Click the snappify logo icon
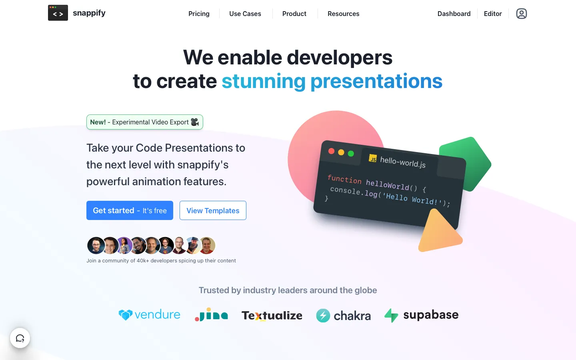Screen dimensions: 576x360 pos(58,13)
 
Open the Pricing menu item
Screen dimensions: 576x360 pos(199,14)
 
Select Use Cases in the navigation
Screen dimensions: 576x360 pos(245,14)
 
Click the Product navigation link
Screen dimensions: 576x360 pos(294,14)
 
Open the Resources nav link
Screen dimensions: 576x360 pos(343,14)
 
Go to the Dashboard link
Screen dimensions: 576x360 pos(454,14)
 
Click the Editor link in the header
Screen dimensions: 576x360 pos(493,14)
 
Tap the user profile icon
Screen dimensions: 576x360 pos(522,14)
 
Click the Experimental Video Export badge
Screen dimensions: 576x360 pos(144,122)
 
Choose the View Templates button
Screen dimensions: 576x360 pos(213,210)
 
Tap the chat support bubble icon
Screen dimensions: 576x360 pos(20,338)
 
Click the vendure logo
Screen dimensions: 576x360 pos(150,315)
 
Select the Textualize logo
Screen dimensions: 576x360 pos(272,316)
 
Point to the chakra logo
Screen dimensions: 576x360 pos(344,316)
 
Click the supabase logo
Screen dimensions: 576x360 pos(422,315)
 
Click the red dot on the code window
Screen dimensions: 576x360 pos(332,151)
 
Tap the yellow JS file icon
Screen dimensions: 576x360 pos(373,158)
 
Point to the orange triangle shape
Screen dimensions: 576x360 pos(439,232)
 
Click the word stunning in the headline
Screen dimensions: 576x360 pos(264,81)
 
